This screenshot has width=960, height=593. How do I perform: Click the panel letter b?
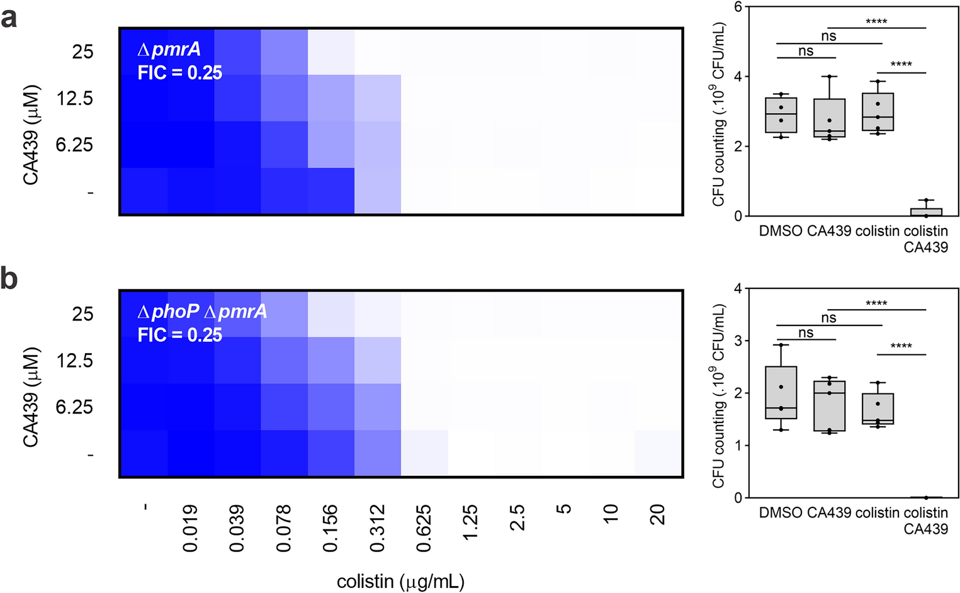point(9,279)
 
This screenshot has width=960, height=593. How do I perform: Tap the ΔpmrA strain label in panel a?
point(169,49)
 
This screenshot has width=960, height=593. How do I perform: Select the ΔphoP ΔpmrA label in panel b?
point(202,312)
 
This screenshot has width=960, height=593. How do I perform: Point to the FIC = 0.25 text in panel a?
point(180,73)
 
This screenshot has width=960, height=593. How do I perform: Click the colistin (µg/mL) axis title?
point(400,581)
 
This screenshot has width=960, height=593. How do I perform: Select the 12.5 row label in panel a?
point(75,98)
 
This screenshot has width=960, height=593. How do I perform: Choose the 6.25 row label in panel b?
point(74,407)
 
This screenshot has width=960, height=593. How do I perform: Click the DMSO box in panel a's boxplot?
point(781,115)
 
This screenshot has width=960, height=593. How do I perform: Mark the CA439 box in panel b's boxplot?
point(829,405)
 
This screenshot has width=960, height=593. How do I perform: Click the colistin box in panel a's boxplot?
point(878,112)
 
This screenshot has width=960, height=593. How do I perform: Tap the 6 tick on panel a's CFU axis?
point(738,7)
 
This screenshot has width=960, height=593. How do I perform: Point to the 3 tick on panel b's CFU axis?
point(738,341)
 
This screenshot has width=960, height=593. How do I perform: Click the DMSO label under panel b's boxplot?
point(781,512)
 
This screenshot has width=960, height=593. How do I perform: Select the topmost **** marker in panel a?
point(876,22)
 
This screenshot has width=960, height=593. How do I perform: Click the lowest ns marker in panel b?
point(806,333)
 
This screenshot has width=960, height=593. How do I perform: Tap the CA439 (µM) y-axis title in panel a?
point(31,135)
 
